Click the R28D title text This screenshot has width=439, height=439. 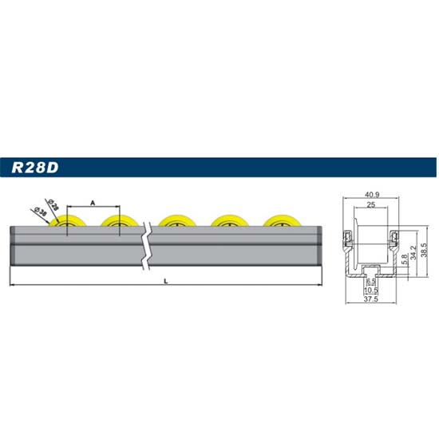(35, 168)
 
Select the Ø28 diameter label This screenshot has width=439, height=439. (53, 204)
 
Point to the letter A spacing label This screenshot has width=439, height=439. (93, 203)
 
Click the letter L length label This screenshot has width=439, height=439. (166, 281)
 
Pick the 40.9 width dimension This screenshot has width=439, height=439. (372, 195)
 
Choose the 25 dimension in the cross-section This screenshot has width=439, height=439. (370, 204)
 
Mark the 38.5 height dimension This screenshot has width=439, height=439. (424, 250)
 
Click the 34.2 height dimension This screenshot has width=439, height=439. (413, 252)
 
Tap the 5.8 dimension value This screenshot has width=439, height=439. (404, 259)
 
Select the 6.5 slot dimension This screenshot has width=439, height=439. (371, 281)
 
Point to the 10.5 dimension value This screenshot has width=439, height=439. (371, 290)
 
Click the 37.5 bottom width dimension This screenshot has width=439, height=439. (371, 299)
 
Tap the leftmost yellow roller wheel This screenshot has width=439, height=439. (68, 220)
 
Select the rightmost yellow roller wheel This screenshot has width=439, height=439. (283, 220)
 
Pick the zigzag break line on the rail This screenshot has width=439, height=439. (147, 246)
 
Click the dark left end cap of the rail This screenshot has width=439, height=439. (12, 245)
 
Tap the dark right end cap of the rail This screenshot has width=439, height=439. (320, 245)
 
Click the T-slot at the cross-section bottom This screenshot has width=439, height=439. (370, 271)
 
